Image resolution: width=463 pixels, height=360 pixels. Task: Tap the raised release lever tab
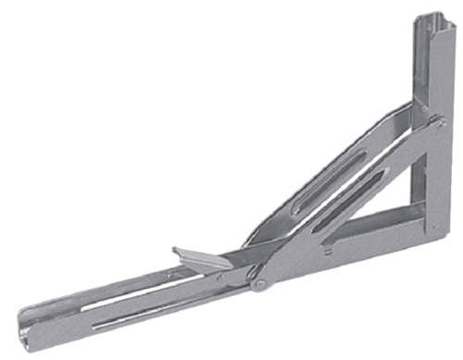tap(198, 259)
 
